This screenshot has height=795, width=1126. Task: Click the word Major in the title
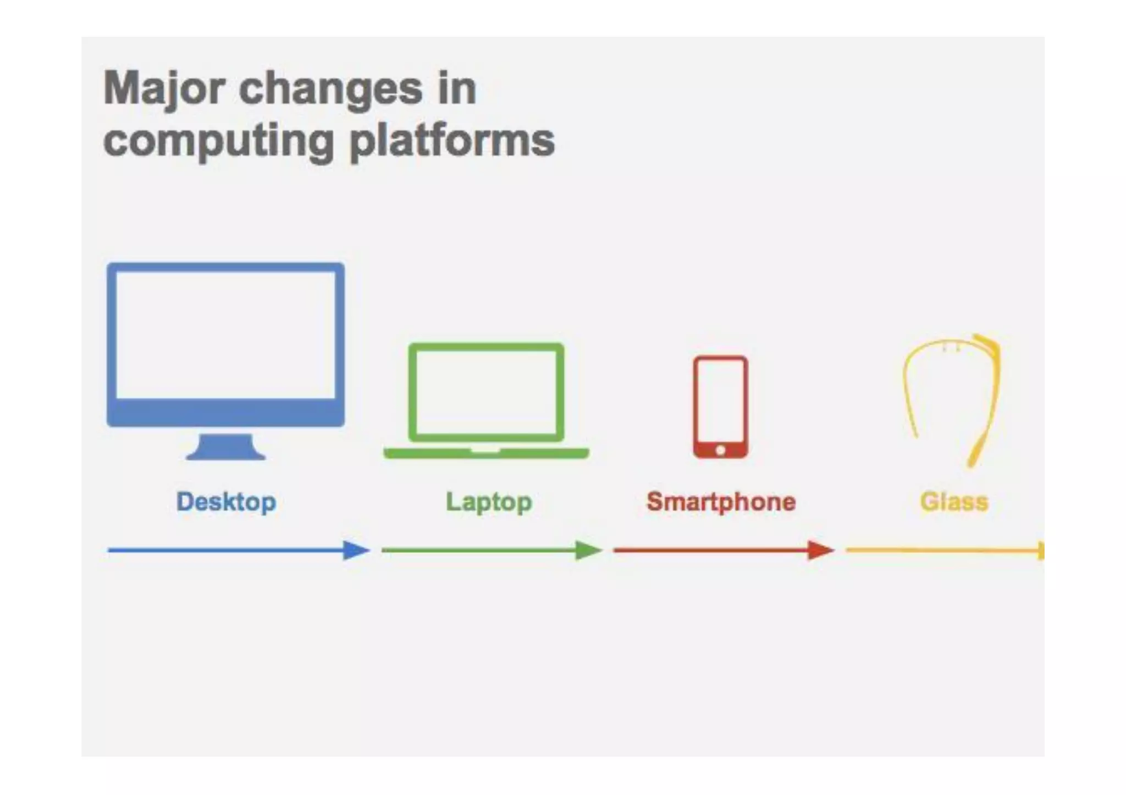point(164,90)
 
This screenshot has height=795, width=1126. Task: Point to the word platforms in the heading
point(452,141)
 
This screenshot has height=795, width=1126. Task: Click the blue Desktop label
point(226,502)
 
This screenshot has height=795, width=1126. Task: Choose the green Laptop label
point(489,502)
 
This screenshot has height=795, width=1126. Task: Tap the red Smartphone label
point(721,502)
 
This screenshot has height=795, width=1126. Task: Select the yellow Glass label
point(954,502)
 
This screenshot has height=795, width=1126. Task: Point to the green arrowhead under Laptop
point(588,550)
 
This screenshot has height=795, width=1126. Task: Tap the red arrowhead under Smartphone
point(820,550)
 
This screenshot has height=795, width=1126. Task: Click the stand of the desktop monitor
point(226,447)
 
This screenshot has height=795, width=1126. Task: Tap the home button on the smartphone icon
point(720,451)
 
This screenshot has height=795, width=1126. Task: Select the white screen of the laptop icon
point(486,392)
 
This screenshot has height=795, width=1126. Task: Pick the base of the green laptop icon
point(486,453)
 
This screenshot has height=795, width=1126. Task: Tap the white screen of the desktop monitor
point(226,335)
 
